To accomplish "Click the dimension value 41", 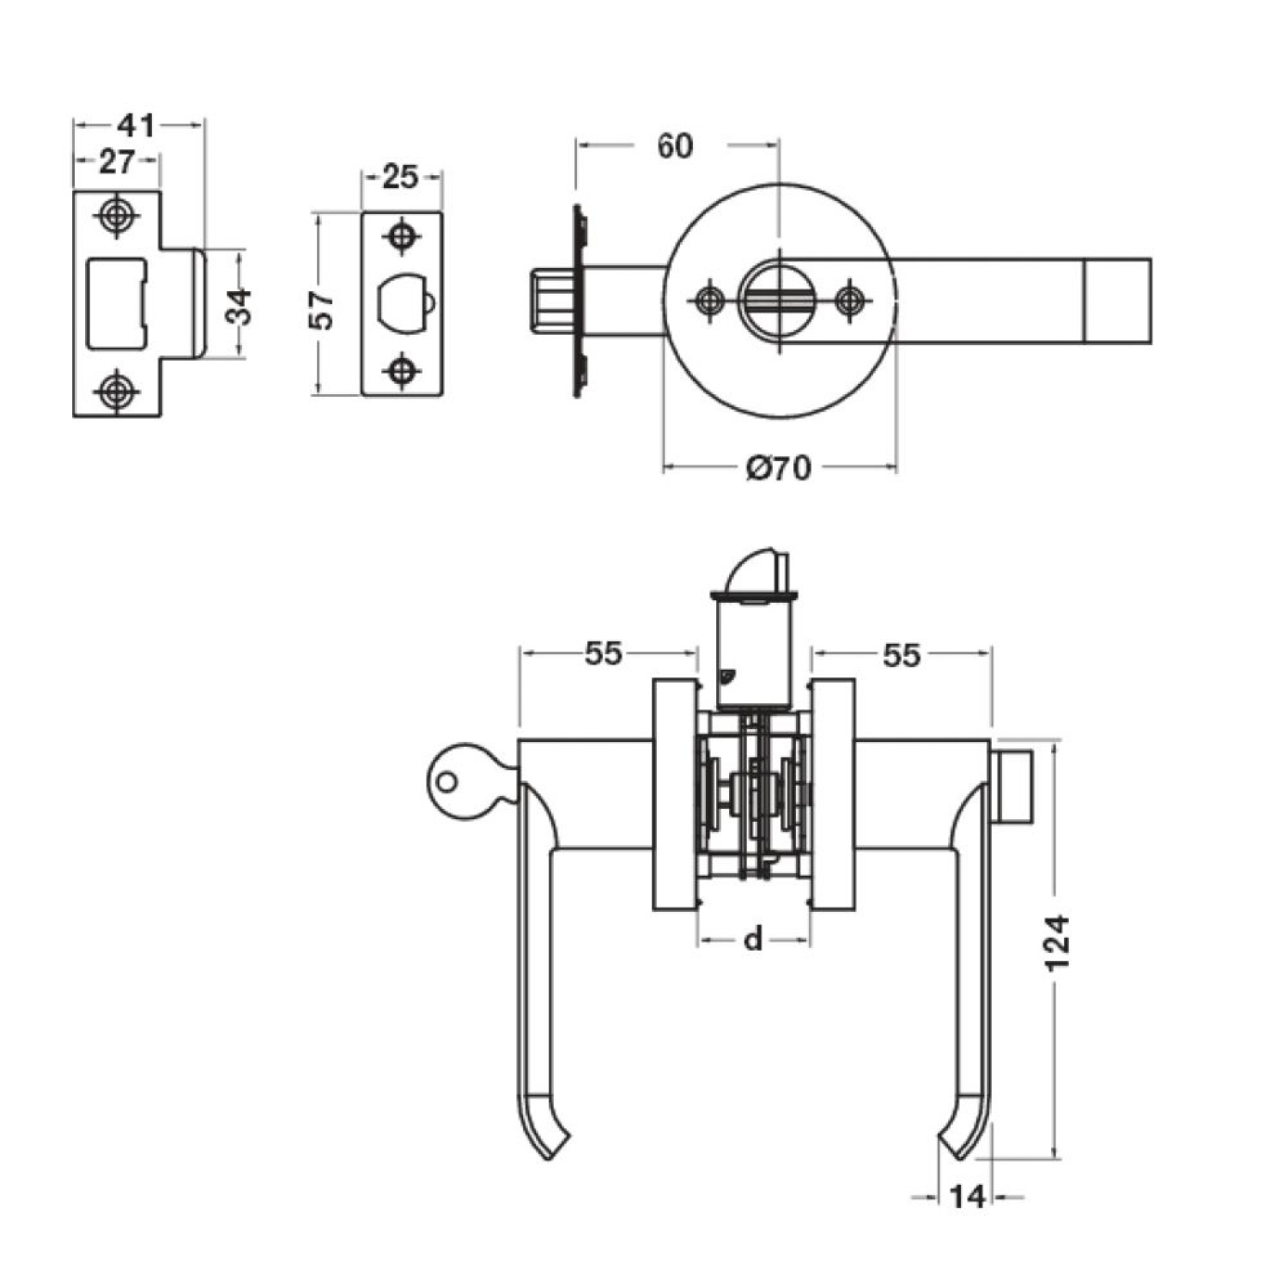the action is (136, 125).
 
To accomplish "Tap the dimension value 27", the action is (116, 161).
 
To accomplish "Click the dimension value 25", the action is (399, 177).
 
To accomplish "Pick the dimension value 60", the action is (675, 146).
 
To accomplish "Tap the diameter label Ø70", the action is (778, 469).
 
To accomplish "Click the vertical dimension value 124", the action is (1058, 943).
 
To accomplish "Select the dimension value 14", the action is (967, 1197).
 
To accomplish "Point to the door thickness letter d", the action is (753, 939).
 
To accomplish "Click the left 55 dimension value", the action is (603, 653).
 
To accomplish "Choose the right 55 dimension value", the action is (902, 655).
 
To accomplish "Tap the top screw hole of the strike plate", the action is (115, 216).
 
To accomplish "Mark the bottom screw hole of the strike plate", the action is (115, 392).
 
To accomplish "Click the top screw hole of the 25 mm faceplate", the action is (401, 235).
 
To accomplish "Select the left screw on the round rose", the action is (709, 300).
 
